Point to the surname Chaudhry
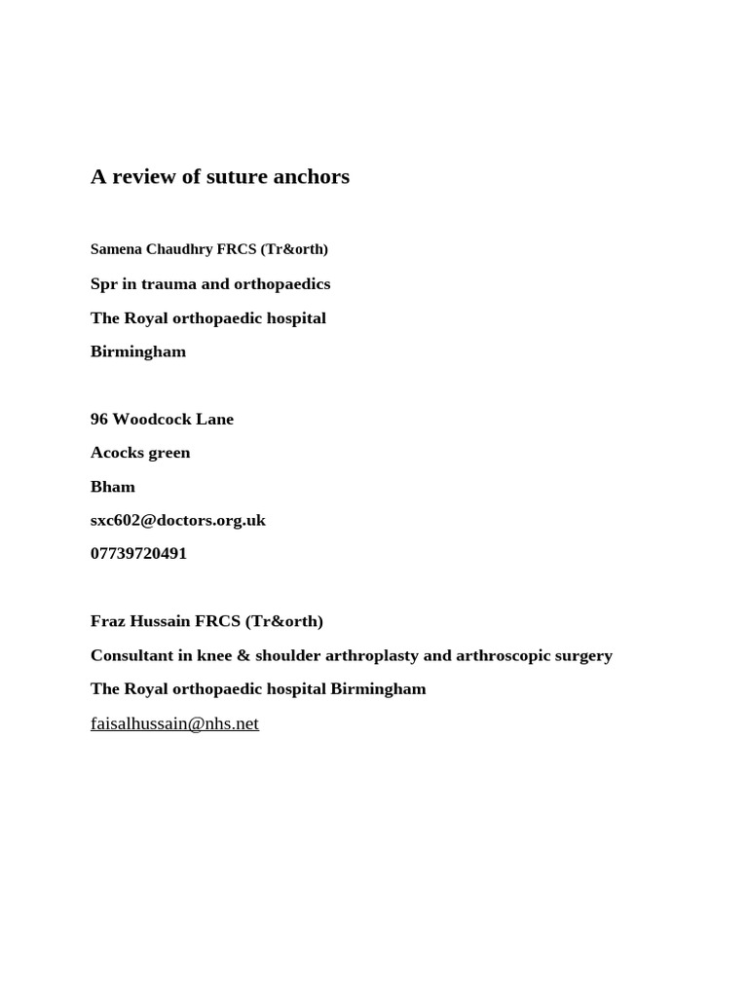(179, 249)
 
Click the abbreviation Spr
(104, 284)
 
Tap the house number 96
(99, 420)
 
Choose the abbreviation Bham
(113, 487)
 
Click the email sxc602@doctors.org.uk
(178, 520)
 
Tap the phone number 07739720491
(138, 554)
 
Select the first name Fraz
(107, 621)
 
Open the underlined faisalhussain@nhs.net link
(174, 723)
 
